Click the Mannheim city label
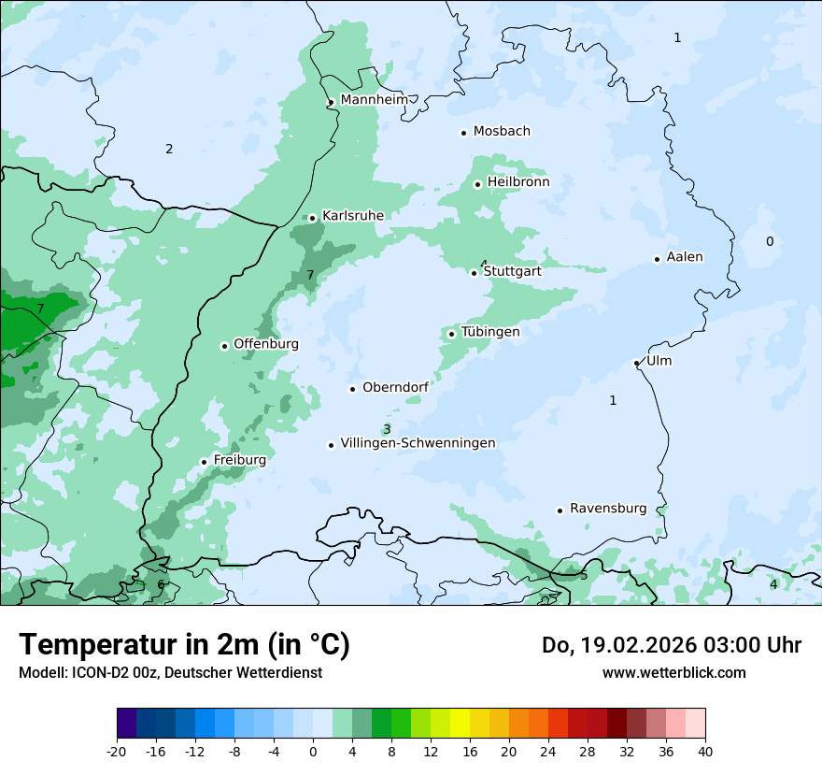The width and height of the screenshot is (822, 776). pyautogui.click(x=374, y=100)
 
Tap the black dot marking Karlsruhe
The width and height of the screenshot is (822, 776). pyautogui.click(x=313, y=218)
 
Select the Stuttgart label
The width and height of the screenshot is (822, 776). pyautogui.click(x=512, y=271)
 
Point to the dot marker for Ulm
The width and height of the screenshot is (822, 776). pyautogui.click(x=636, y=363)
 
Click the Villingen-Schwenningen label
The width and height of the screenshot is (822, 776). pyautogui.click(x=418, y=443)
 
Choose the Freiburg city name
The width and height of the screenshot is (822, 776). pyautogui.click(x=239, y=460)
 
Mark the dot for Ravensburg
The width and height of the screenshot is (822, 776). pyautogui.click(x=560, y=510)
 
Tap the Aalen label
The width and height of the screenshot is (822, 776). pyautogui.click(x=685, y=257)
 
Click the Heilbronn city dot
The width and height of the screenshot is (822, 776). pyautogui.click(x=477, y=184)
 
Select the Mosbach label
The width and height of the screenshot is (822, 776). pyautogui.click(x=502, y=132)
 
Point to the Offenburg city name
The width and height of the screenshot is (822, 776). pyautogui.click(x=266, y=344)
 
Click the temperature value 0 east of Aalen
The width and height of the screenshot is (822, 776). pyautogui.click(x=770, y=242)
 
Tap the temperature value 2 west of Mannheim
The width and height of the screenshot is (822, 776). pyautogui.click(x=169, y=150)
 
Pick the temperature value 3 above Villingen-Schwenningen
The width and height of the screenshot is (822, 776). pyautogui.click(x=387, y=429)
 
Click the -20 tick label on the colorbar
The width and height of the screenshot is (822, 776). pyautogui.click(x=117, y=751)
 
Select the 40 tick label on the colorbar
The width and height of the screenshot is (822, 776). pyautogui.click(x=704, y=751)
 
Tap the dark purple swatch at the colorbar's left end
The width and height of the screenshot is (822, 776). pyautogui.click(x=126, y=724)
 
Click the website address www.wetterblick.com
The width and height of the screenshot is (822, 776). pyautogui.click(x=673, y=673)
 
